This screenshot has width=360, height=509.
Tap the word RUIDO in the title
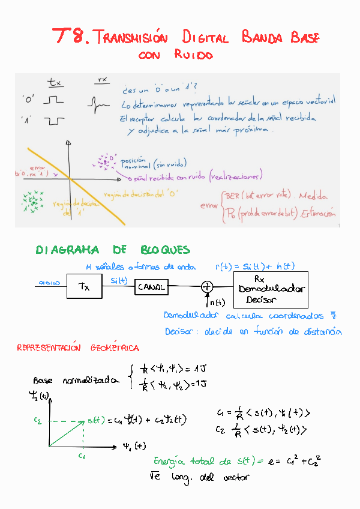click(193, 55)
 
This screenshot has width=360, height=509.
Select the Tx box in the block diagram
click(84, 287)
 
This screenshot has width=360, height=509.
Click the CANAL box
click(151, 287)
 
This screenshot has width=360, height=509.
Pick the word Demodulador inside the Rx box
click(271, 289)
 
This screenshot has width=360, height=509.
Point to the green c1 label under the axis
click(81, 456)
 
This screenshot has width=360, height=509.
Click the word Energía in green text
click(170, 461)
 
